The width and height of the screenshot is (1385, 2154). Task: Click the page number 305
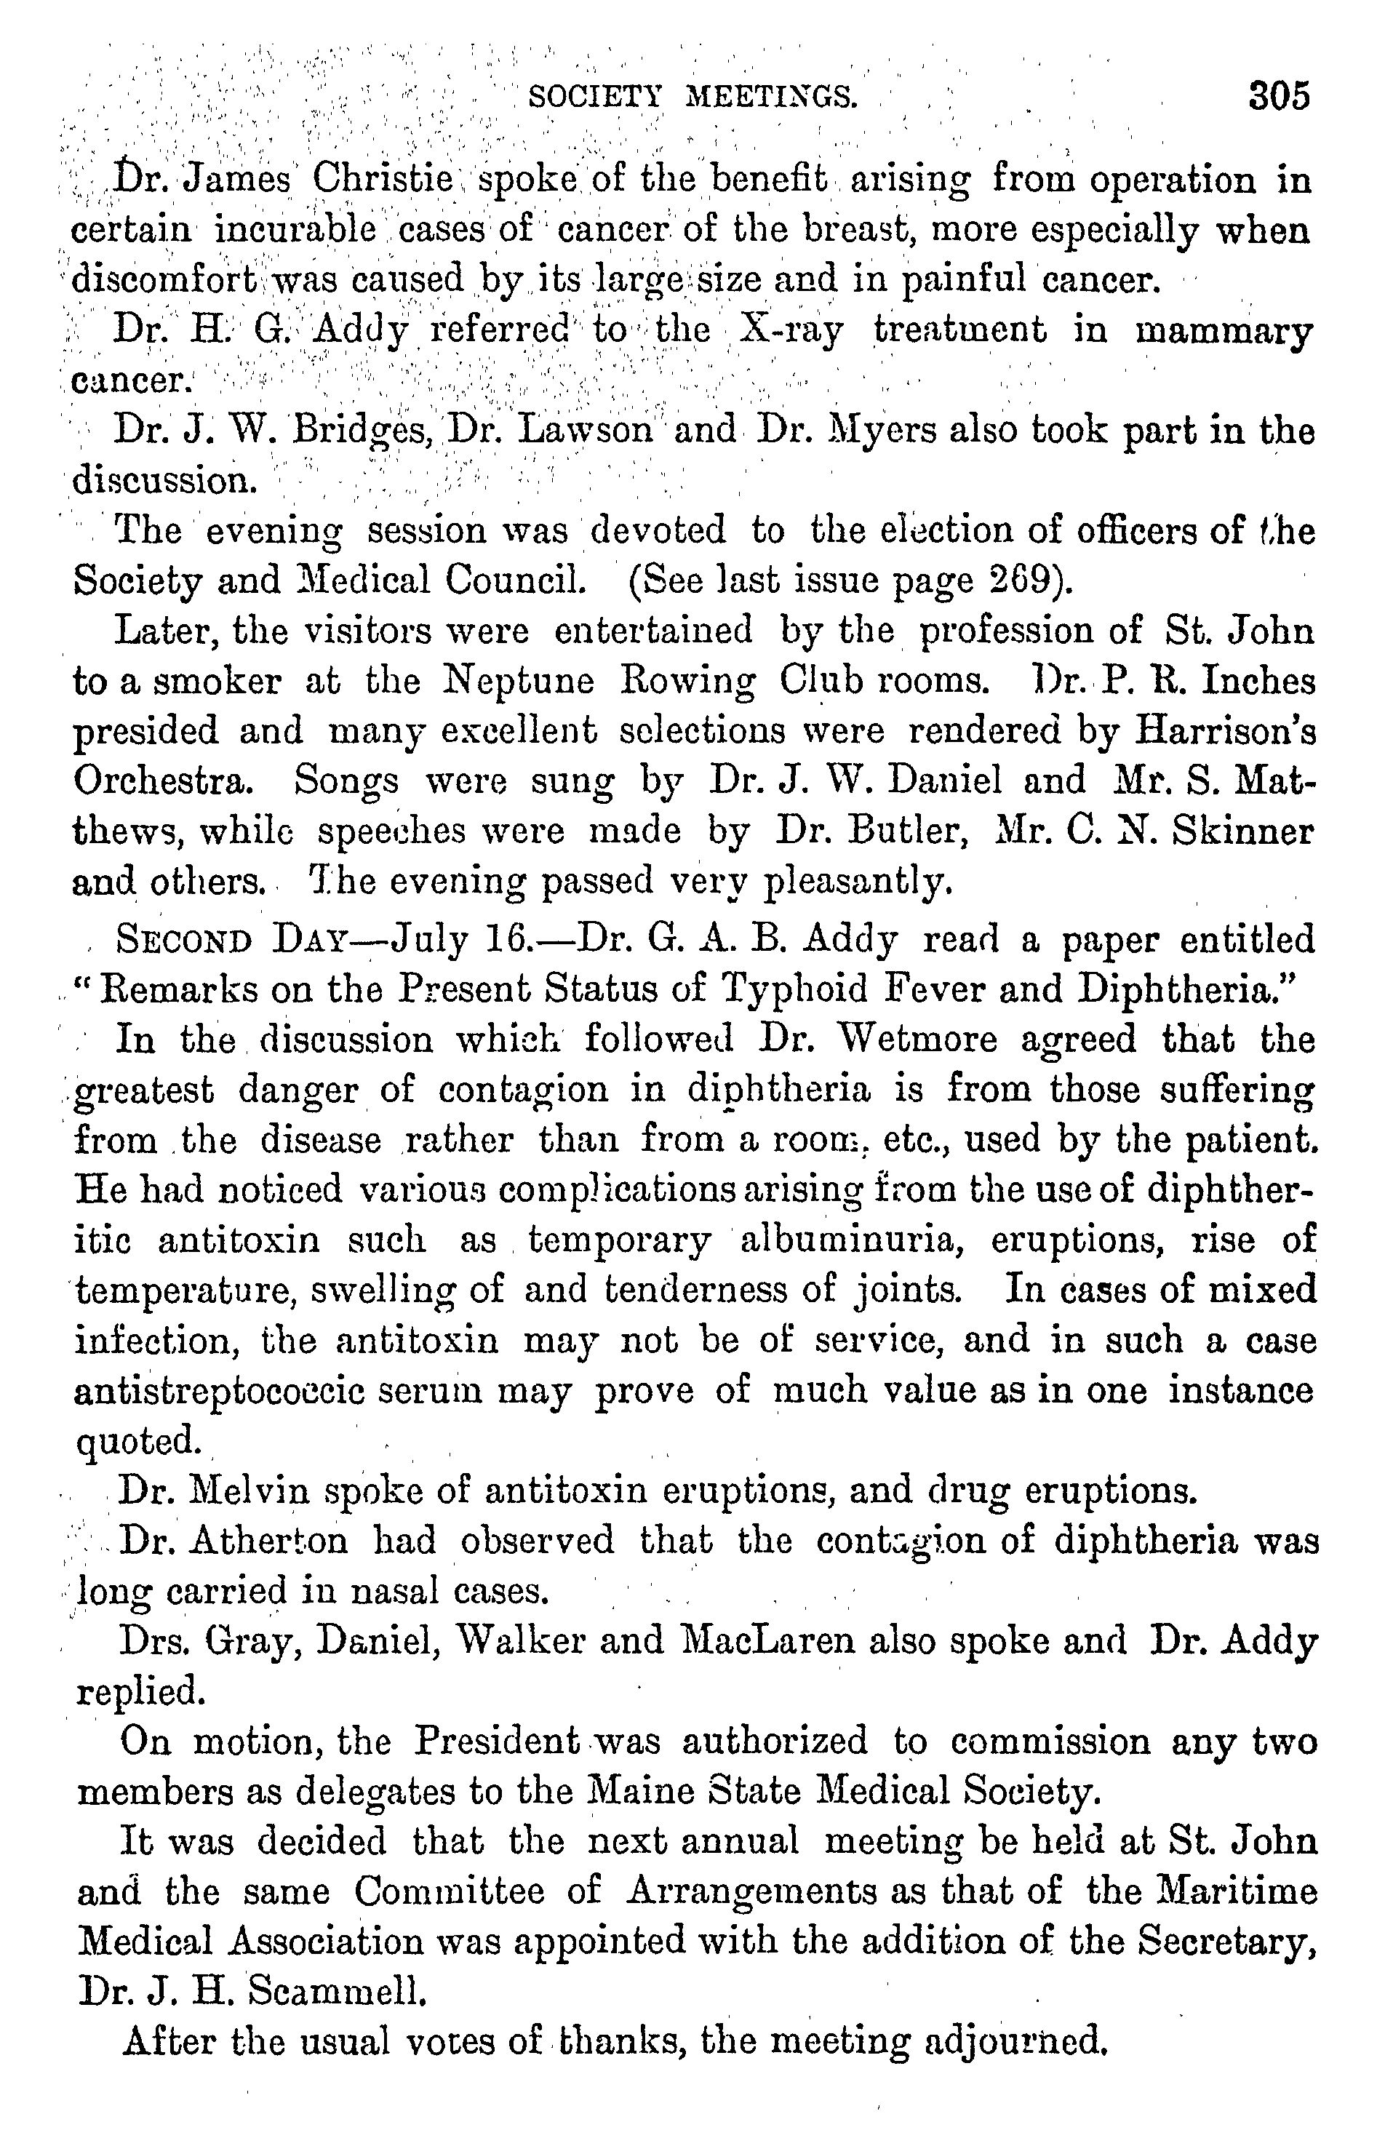point(1279,95)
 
